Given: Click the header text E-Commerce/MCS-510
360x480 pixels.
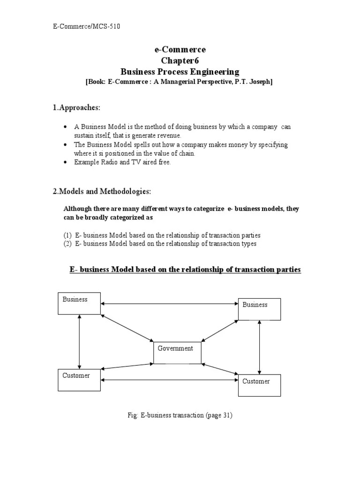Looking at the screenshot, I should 86,27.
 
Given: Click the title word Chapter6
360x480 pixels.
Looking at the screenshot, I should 180,60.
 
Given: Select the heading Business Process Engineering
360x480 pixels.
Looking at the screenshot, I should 180,72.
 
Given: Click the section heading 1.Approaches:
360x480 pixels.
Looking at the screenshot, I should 76,108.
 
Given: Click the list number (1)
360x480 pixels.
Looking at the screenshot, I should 68,235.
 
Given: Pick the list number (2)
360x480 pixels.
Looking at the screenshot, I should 68,244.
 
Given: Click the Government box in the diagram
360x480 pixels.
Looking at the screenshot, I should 177,353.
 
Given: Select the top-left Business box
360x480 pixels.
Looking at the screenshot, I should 79,303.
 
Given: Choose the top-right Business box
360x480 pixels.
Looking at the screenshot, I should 259,309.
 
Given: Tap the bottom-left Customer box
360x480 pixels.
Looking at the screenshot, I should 79,380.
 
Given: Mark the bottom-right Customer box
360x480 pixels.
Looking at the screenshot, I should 259,385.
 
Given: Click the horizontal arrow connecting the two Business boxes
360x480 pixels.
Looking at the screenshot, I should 169,304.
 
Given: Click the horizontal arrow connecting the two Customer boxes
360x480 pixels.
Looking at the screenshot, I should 169,379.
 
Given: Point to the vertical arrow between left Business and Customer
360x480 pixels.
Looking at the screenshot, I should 80,342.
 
